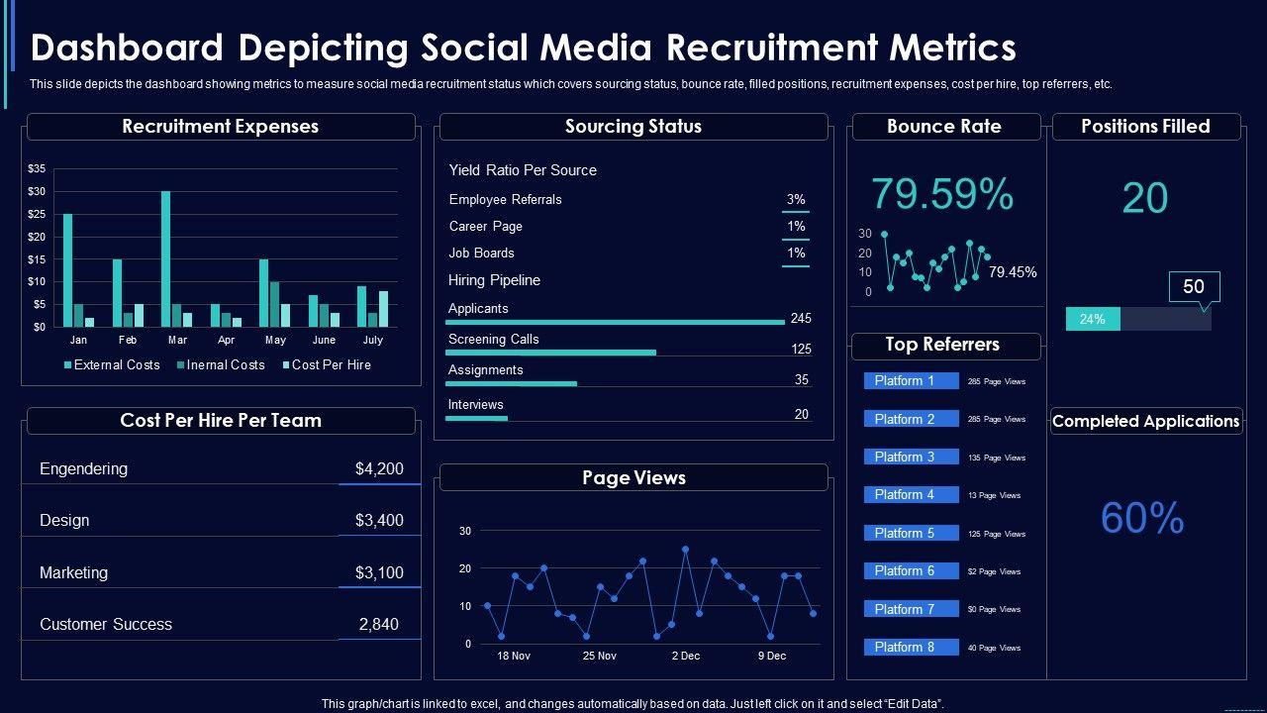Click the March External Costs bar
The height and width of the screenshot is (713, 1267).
point(166,258)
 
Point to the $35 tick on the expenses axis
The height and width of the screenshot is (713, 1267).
point(36,169)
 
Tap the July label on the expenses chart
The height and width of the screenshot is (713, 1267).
point(372,340)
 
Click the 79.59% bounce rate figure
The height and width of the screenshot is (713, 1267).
point(941,194)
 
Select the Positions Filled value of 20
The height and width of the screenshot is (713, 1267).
point(1144,198)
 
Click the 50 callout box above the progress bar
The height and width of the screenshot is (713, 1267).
point(1194,287)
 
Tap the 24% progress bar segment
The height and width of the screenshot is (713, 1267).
point(1093,319)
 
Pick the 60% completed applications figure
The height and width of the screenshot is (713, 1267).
point(1142,518)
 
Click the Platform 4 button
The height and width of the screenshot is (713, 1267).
point(911,494)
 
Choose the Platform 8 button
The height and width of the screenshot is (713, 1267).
point(911,647)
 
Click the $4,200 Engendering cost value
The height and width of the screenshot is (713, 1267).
point(379,468)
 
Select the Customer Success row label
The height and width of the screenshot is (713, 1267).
point(106,624)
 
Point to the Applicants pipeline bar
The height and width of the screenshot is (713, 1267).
point(615,322)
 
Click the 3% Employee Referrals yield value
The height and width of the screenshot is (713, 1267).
point(796,199)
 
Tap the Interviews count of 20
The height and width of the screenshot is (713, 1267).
point(802,414)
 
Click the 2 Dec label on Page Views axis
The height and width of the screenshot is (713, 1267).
point(685,656)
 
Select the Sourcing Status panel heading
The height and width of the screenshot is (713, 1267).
point(633,127)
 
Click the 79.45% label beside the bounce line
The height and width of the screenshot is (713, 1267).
point(1013,272)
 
